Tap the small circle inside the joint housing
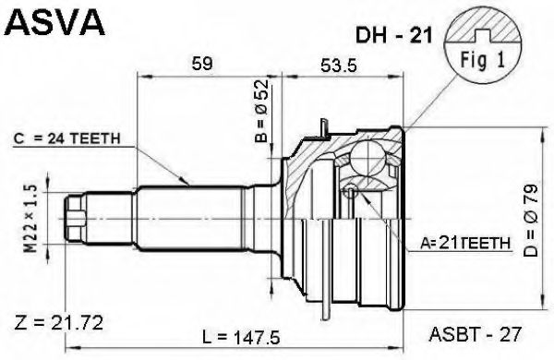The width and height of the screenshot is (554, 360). pyautogui.click(x=351, y=192)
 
